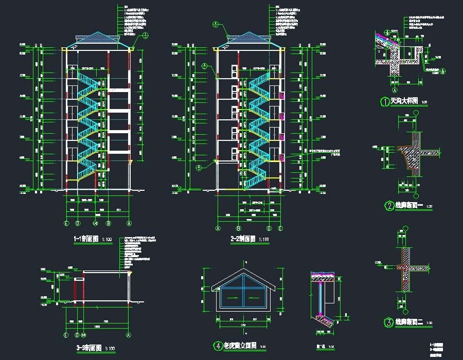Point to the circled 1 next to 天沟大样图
click(384, 102)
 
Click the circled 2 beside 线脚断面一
click(389, 206)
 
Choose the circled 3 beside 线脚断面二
click(389, 322)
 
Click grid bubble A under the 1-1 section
click(129, 224)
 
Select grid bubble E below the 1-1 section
click(66, 224)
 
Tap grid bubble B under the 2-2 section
click(238, 228)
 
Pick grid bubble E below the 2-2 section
click(280, 228)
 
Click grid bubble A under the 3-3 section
click(129, 335)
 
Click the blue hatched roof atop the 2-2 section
click(249, 38)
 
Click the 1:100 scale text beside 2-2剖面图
click(264, 240)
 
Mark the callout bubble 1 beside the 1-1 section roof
click(146, 35)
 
